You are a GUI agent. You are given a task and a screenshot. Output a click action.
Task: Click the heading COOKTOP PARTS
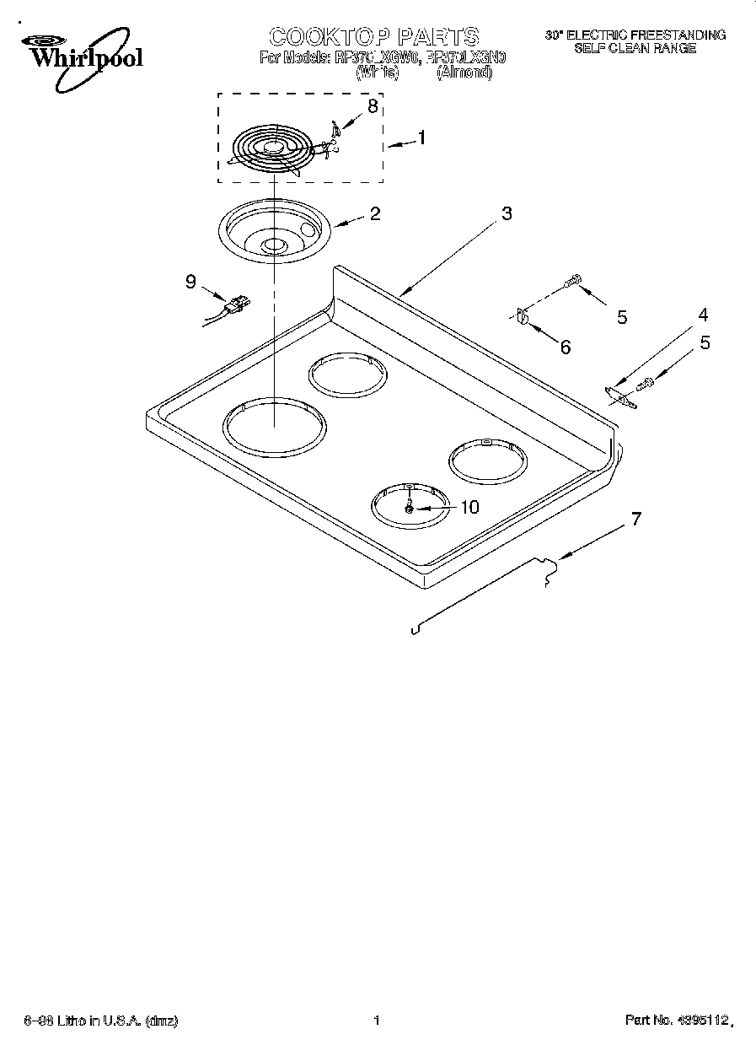(373, 35)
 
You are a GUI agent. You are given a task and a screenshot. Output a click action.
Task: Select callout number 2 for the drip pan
(374, 213)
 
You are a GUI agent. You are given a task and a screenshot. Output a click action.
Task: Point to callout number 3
(506, 214)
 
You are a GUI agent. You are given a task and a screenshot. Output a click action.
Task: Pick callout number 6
(565, 346)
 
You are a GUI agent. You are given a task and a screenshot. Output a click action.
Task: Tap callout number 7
(635, 519)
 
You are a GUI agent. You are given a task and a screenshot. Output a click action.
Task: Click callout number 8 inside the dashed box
(372, 106)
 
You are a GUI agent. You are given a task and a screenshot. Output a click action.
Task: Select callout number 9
(191, 282)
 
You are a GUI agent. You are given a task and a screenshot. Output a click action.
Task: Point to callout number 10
(468, 507)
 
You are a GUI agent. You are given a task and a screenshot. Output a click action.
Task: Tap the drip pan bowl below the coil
(272, 233)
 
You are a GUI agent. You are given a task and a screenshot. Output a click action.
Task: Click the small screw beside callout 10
(409, 507)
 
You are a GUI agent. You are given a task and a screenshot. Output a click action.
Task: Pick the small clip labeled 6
(522, 316)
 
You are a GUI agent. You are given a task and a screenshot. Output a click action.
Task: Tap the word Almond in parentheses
(464, 73)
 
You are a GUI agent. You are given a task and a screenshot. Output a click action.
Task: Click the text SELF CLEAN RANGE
(635, 49)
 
